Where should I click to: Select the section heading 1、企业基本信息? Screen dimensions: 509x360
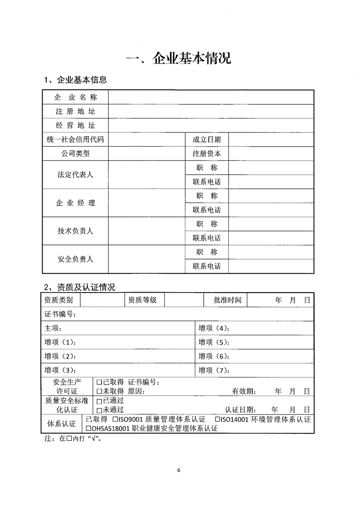(75, 80)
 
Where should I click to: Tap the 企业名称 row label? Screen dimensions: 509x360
(75, 97)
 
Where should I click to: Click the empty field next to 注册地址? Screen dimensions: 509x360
(211, 111)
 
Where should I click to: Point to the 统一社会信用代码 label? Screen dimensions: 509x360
(75, 139)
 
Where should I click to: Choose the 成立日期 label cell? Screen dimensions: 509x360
(207, 139)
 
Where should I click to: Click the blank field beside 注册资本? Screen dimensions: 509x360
(271, 153)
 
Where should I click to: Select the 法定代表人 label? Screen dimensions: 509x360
(75, 175)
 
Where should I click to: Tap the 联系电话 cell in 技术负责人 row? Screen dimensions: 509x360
(207, 238)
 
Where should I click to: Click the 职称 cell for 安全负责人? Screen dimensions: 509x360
(207, 252)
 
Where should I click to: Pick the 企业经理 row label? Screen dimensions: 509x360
(75, 203)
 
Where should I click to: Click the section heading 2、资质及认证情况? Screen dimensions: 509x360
(79, 287)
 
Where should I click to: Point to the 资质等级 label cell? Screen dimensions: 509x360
(142, 300)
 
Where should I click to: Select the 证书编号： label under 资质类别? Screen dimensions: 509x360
(60, 314)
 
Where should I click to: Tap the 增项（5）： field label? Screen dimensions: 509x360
(214, 342)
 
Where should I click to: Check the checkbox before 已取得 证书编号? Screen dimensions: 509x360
(99, 382)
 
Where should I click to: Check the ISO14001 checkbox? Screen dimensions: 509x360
(217, 420)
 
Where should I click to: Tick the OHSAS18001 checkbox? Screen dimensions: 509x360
(89, 428)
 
